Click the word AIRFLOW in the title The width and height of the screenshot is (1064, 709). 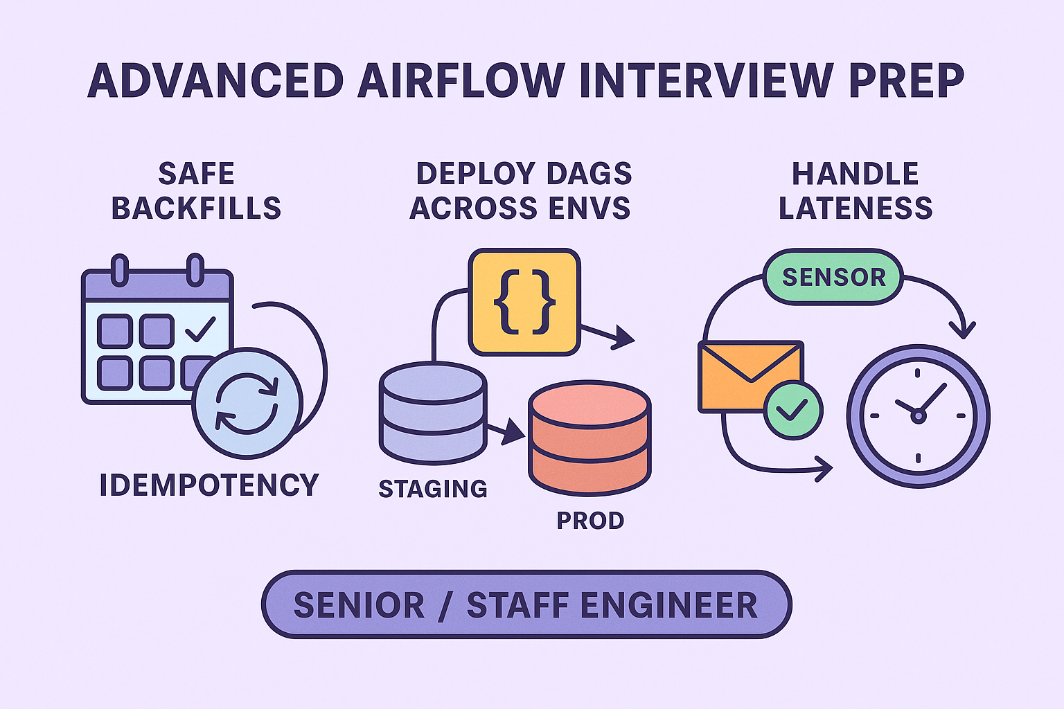pos(461,80)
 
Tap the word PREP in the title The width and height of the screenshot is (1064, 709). pos(907,80)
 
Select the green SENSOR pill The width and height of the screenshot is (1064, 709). pos(833,277)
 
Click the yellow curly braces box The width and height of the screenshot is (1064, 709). pos(524,302)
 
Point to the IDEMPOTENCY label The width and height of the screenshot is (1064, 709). pos(209,485)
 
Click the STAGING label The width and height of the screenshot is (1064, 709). pos(433,489)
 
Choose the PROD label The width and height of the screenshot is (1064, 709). pos(590,521)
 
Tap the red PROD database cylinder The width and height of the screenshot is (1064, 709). pos(589,438)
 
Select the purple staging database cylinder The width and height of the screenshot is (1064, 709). pos(433,413)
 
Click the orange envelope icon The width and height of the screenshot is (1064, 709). pos(750,376)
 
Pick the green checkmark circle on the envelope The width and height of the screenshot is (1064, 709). pos(792,409)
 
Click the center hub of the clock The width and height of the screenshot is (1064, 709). pos(918,416)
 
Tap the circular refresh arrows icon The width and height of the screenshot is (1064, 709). pos(247,403)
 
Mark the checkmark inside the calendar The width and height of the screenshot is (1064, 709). pos(200,329)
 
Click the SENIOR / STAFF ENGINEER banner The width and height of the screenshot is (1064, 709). pos(526,604)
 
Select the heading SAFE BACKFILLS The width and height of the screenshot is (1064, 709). pos(196,191)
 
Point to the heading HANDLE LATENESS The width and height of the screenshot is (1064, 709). pos(855,191)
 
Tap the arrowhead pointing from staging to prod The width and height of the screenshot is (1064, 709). pos(513,431)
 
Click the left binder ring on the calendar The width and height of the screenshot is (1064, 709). pos(120,270)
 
